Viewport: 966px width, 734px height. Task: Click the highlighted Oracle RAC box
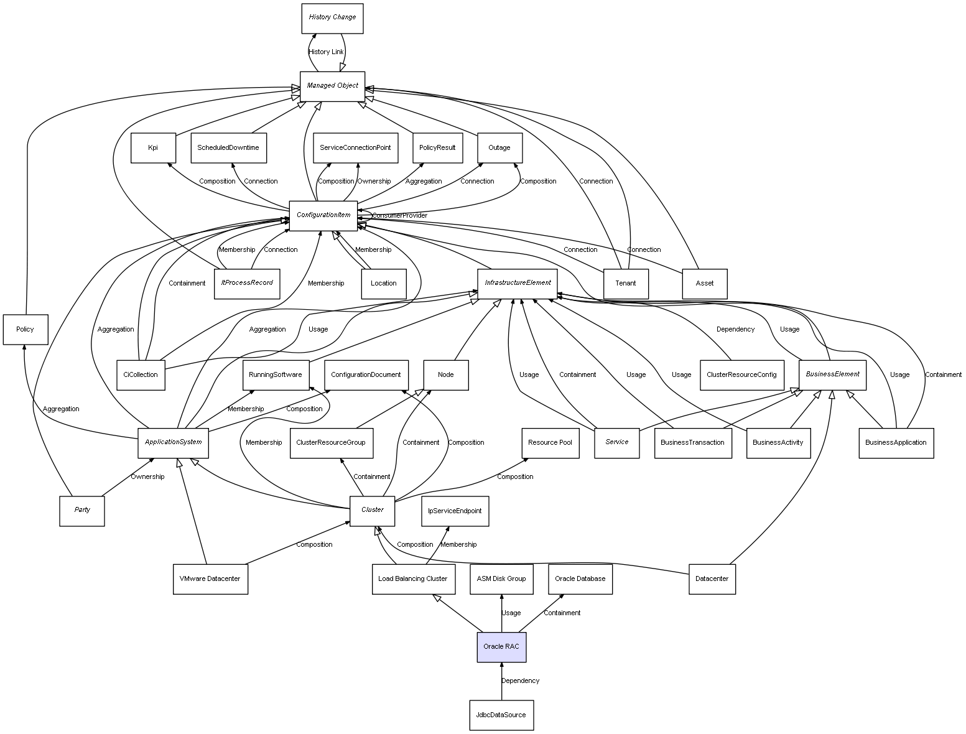(501, 646)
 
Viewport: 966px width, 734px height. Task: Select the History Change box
(332, 17)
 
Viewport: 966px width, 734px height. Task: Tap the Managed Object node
(332, 86)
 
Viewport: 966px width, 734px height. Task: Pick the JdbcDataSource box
(501, 715)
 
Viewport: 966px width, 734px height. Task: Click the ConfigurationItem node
(323, 215)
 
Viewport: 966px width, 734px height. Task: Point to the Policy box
(25, 329)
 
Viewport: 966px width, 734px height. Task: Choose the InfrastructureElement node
(518, 283)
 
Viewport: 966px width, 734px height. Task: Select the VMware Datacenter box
(210, 578)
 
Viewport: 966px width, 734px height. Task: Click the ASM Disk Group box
(501, 578)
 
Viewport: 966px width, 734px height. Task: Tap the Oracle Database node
(580, 578)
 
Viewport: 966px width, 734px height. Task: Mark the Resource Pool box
(550, 442)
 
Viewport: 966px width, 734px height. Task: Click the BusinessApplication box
(896, 443)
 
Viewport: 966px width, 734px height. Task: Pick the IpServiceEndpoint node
(455, 511)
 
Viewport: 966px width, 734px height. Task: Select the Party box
(82, 510)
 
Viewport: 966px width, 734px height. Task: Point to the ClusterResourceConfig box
(741, 374)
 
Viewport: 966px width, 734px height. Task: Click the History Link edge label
(326, 52)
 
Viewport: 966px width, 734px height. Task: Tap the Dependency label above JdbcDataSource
(521, 681)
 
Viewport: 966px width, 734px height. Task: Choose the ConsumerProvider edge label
(400, 215)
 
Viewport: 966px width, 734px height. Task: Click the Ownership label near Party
(147, 476)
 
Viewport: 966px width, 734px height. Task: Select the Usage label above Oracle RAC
(511, 613)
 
